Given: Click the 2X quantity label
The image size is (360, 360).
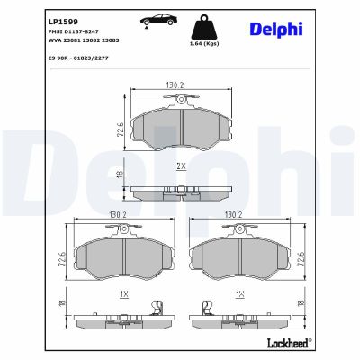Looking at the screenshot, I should (181, 167).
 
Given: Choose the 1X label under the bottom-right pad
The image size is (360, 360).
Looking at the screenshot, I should (240, 294).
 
